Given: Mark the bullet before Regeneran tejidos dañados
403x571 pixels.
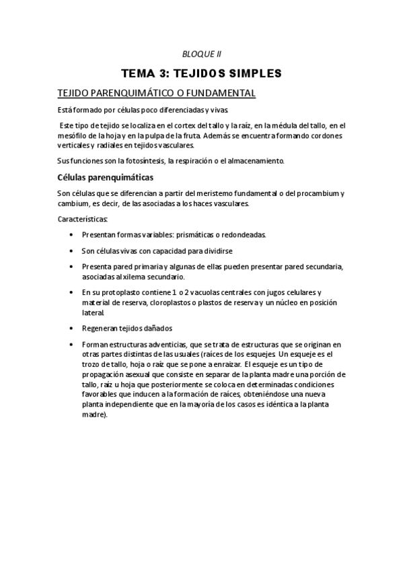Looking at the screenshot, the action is [71, 329].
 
